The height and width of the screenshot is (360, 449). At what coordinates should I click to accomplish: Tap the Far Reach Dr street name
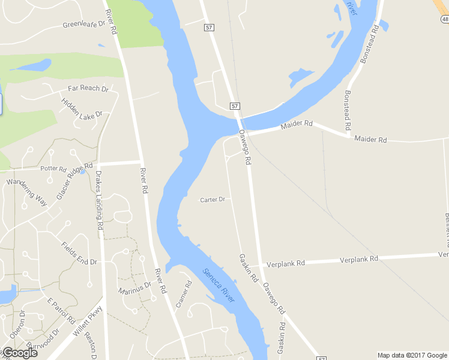click(88, 88)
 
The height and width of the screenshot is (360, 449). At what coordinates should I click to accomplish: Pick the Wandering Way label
click(26, 191)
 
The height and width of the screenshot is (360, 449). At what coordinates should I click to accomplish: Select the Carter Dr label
click(212, 199)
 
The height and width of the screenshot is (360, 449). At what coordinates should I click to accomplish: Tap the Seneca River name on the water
click(218, 285)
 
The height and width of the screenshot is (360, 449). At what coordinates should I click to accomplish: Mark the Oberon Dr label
click(18, 325)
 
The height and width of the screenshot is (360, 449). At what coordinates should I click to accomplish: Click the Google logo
click(20, 352)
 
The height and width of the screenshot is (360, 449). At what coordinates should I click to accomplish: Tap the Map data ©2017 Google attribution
click(412, 355)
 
